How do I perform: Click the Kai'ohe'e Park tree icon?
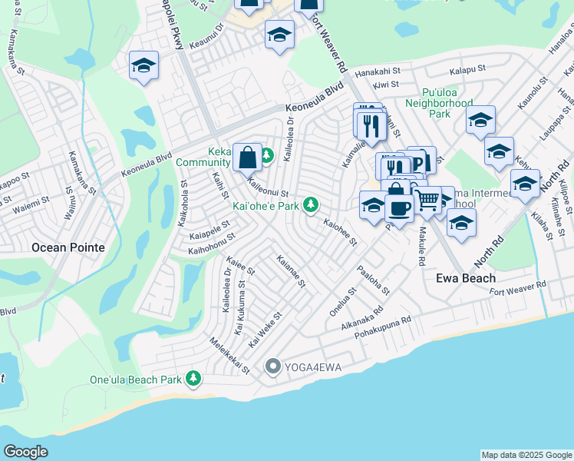[x=311, y=205]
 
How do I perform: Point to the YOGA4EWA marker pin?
[x=272, y=367]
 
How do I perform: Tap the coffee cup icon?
[x=399, y=207]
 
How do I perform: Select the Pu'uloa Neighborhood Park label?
[x=438, y=102]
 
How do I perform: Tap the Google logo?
[x=26, y=452]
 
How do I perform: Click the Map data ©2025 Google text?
[x=526, y=455]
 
